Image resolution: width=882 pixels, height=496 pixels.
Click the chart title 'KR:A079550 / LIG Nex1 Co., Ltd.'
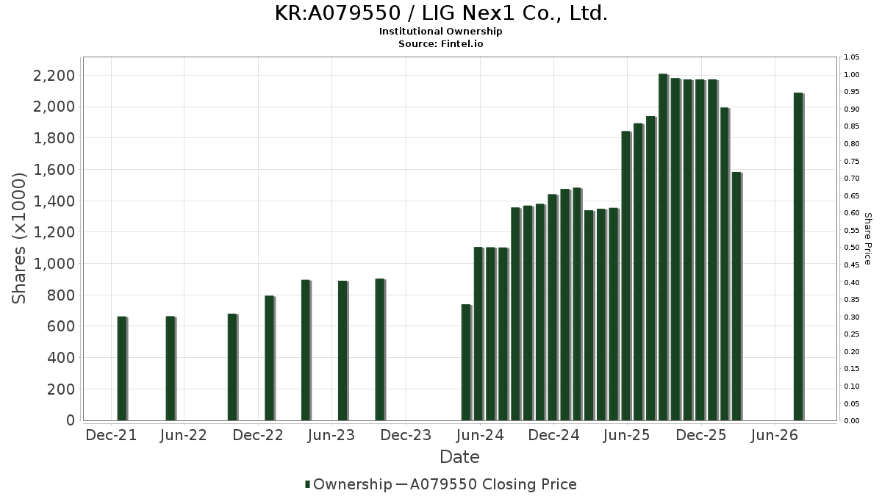[441, 13]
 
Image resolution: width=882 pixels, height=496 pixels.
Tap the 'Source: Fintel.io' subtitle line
[440, 43]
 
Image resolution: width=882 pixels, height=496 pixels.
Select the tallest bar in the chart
[664, 247]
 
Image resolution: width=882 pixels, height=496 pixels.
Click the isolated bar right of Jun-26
[798, 256]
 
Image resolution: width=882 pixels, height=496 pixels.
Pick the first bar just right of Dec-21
[123, 368]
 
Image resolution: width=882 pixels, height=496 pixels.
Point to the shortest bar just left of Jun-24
[467, 362]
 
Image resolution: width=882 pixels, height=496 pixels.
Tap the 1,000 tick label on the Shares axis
[54, 264]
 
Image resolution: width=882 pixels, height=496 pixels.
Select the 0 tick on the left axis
[71, 420]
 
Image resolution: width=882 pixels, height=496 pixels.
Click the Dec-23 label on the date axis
[406, 435]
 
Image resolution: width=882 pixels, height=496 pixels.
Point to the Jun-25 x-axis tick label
[626, 435]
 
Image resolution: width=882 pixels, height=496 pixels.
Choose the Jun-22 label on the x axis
[184, 435]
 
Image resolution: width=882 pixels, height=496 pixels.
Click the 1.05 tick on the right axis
[851, 57]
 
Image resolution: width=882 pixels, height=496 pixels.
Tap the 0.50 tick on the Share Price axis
[851, 248]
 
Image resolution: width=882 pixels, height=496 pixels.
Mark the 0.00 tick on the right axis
[851, 421]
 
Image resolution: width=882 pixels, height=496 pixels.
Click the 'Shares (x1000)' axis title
[19, 239]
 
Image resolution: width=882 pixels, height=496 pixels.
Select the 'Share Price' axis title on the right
[868, 239]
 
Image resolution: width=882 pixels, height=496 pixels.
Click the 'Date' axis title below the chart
[459, 457]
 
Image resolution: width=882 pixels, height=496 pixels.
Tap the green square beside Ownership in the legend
[308, 484]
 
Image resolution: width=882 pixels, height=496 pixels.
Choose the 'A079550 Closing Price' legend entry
[493, 484]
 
